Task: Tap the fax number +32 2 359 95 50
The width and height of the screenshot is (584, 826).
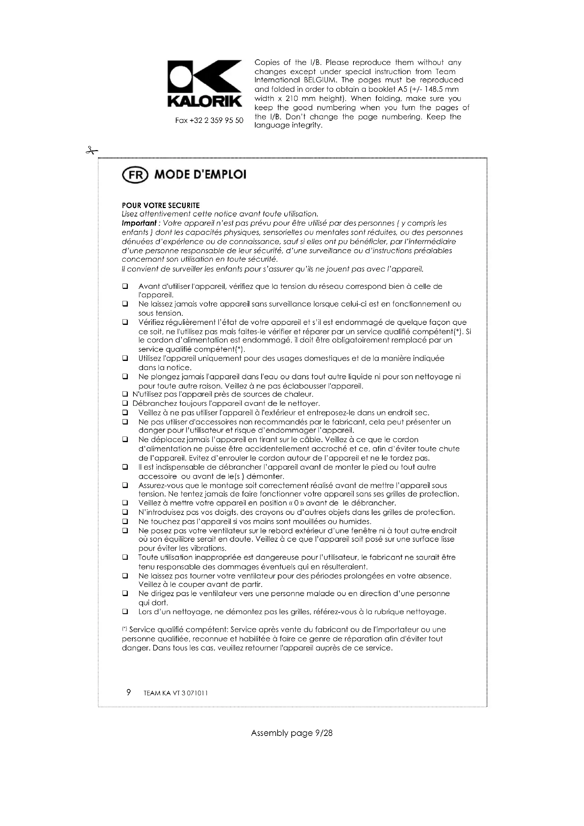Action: point(209,120)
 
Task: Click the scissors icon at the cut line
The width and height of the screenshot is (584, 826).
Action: point(92,151)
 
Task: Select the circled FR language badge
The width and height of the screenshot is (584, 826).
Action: point(135,175)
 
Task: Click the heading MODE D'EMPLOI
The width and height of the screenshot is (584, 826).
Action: point(200,175)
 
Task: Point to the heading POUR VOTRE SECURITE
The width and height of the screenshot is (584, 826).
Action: point(161,206)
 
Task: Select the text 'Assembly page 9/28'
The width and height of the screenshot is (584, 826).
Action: point(292,733)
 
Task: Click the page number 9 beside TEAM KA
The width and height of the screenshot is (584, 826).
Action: point(129,693)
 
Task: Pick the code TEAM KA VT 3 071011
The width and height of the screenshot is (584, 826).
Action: point(175,693)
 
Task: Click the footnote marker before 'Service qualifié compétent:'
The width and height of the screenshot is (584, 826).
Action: point(124,629)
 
